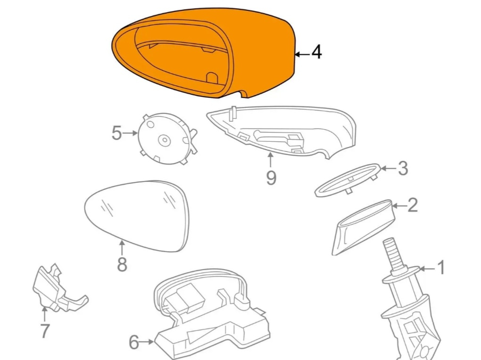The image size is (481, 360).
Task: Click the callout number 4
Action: pyautogui.click(x=316, y=52)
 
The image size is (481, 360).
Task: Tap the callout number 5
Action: pyautogui.click(x=116, y=133)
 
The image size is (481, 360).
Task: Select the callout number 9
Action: pyautogui.click(x=271, y=178)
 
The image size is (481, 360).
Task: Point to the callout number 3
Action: pyautogui.click(x=402, y=168)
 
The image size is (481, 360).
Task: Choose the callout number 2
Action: pyautogui.click(x=412, y=205)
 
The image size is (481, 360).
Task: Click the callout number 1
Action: pyautogui.click(x=441, y=268)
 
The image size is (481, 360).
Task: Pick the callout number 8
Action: pyautogui.click(x=122, y=264)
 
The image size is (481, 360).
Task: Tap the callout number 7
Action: pyautogui.click(x=45, y=331)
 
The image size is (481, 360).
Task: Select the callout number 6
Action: pyautogui.click(x=134, y=342)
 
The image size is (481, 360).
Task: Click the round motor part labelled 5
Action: pyautogui.click(x=167, y=139)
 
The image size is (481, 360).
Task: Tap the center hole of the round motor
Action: pyautogui.click(x=165, y=140)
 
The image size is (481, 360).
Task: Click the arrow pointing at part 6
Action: pyautogui.click(x=147, y=341)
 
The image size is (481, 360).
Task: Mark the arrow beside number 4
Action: pyautogui.click(x=302, y=54)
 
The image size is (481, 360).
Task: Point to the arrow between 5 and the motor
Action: pyautogui.click(x=130, y=133)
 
